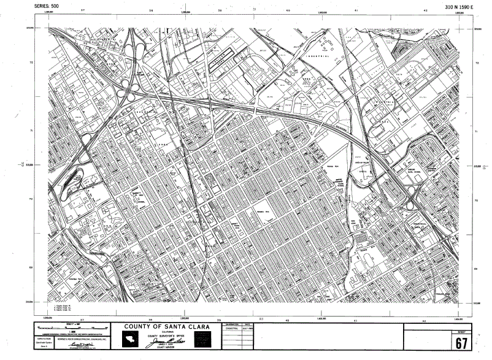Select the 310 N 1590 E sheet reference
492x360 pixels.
coord(461,6)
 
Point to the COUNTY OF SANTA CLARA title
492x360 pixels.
coord(165,326)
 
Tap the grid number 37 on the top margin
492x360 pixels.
coord(83,10)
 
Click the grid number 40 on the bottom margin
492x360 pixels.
coord(288,320)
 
